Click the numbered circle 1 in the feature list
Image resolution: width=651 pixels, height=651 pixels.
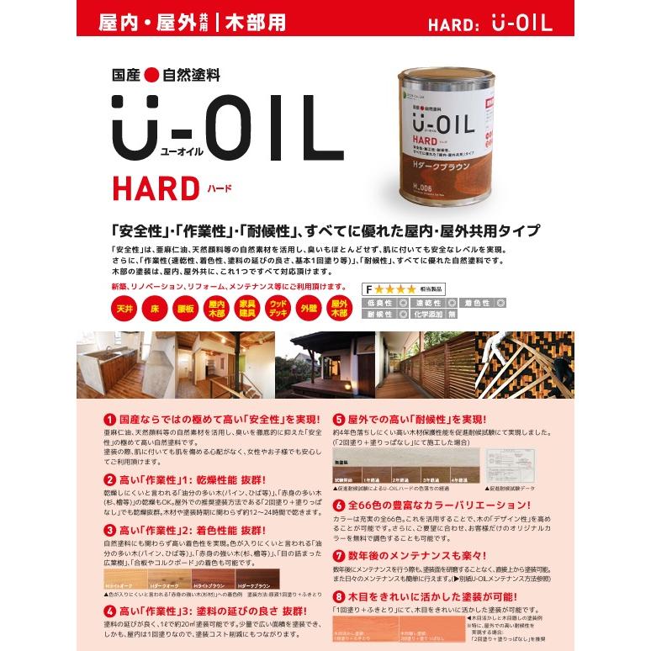[109, 419]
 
